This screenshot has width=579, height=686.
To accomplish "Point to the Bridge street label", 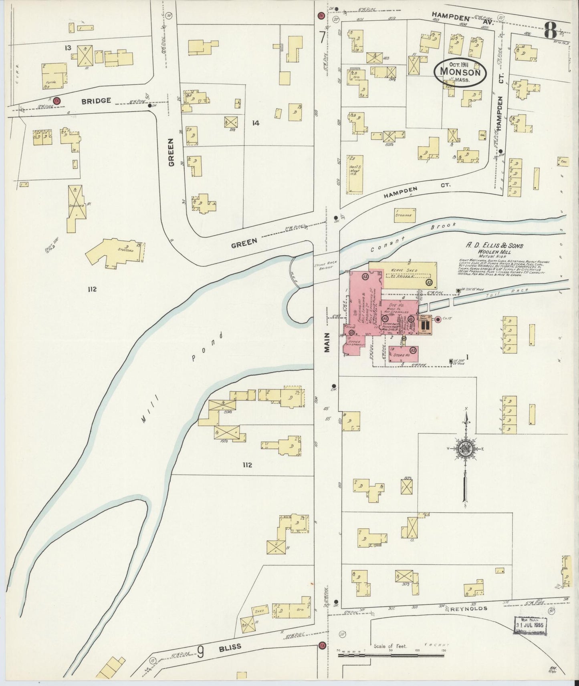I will (96, 100).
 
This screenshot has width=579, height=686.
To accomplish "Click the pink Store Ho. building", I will (403, 355).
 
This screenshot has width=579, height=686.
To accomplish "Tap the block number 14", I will (256, 123).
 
